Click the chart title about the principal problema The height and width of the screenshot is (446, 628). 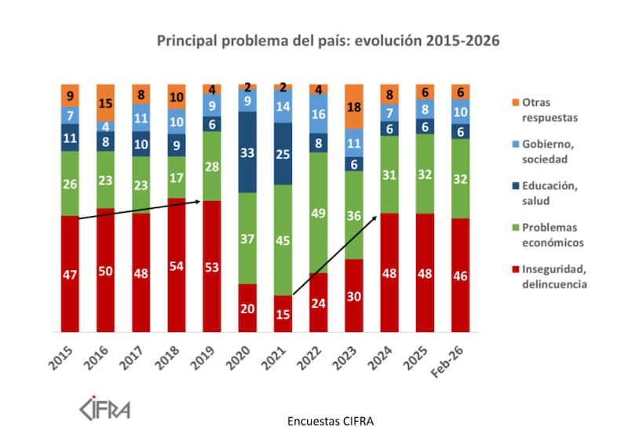tap(327, 40)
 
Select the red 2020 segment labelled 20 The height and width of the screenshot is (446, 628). tap(247, 308)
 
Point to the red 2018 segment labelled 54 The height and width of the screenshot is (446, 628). tap(177, 265)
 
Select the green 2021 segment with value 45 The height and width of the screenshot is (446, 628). tap(283, 239)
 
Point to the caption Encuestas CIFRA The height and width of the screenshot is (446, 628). tap(330, 421)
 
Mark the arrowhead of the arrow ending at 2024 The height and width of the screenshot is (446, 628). tap(381, 214)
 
